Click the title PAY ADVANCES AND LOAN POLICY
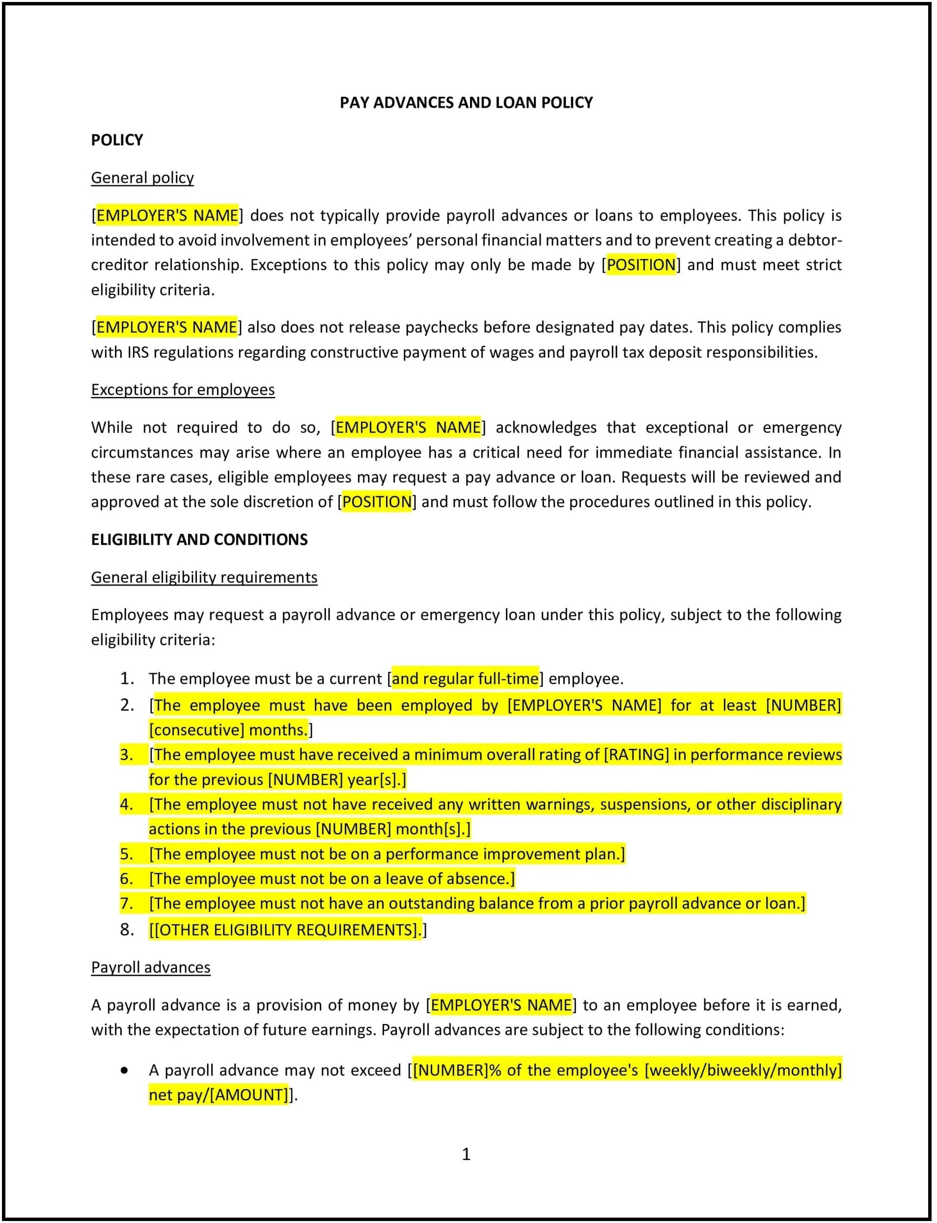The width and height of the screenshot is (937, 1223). point(466,103)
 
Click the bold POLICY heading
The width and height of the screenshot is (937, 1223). point(117,140)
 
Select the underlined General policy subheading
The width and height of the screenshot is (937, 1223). point(142,177)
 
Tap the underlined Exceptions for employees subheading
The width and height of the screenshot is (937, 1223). point(183,390)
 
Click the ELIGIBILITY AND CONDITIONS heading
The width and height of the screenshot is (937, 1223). point(199,540)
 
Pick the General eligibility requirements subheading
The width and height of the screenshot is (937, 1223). point(204,577)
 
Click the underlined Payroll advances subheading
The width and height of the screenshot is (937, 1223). point(151,967)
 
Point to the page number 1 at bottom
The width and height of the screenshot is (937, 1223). point(466,1154)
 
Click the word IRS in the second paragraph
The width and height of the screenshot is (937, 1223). point(138,352)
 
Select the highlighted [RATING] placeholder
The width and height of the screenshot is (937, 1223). point(636,754)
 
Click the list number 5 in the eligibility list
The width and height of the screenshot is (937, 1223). point(127,853)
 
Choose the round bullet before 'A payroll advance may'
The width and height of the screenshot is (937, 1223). point(124,1070)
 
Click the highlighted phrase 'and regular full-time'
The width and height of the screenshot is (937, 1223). point(465,679)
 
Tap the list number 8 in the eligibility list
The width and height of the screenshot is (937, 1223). point(127,930)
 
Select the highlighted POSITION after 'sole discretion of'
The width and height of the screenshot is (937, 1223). point(377,502)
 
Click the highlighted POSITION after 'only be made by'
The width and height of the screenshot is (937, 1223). point(641,264)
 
